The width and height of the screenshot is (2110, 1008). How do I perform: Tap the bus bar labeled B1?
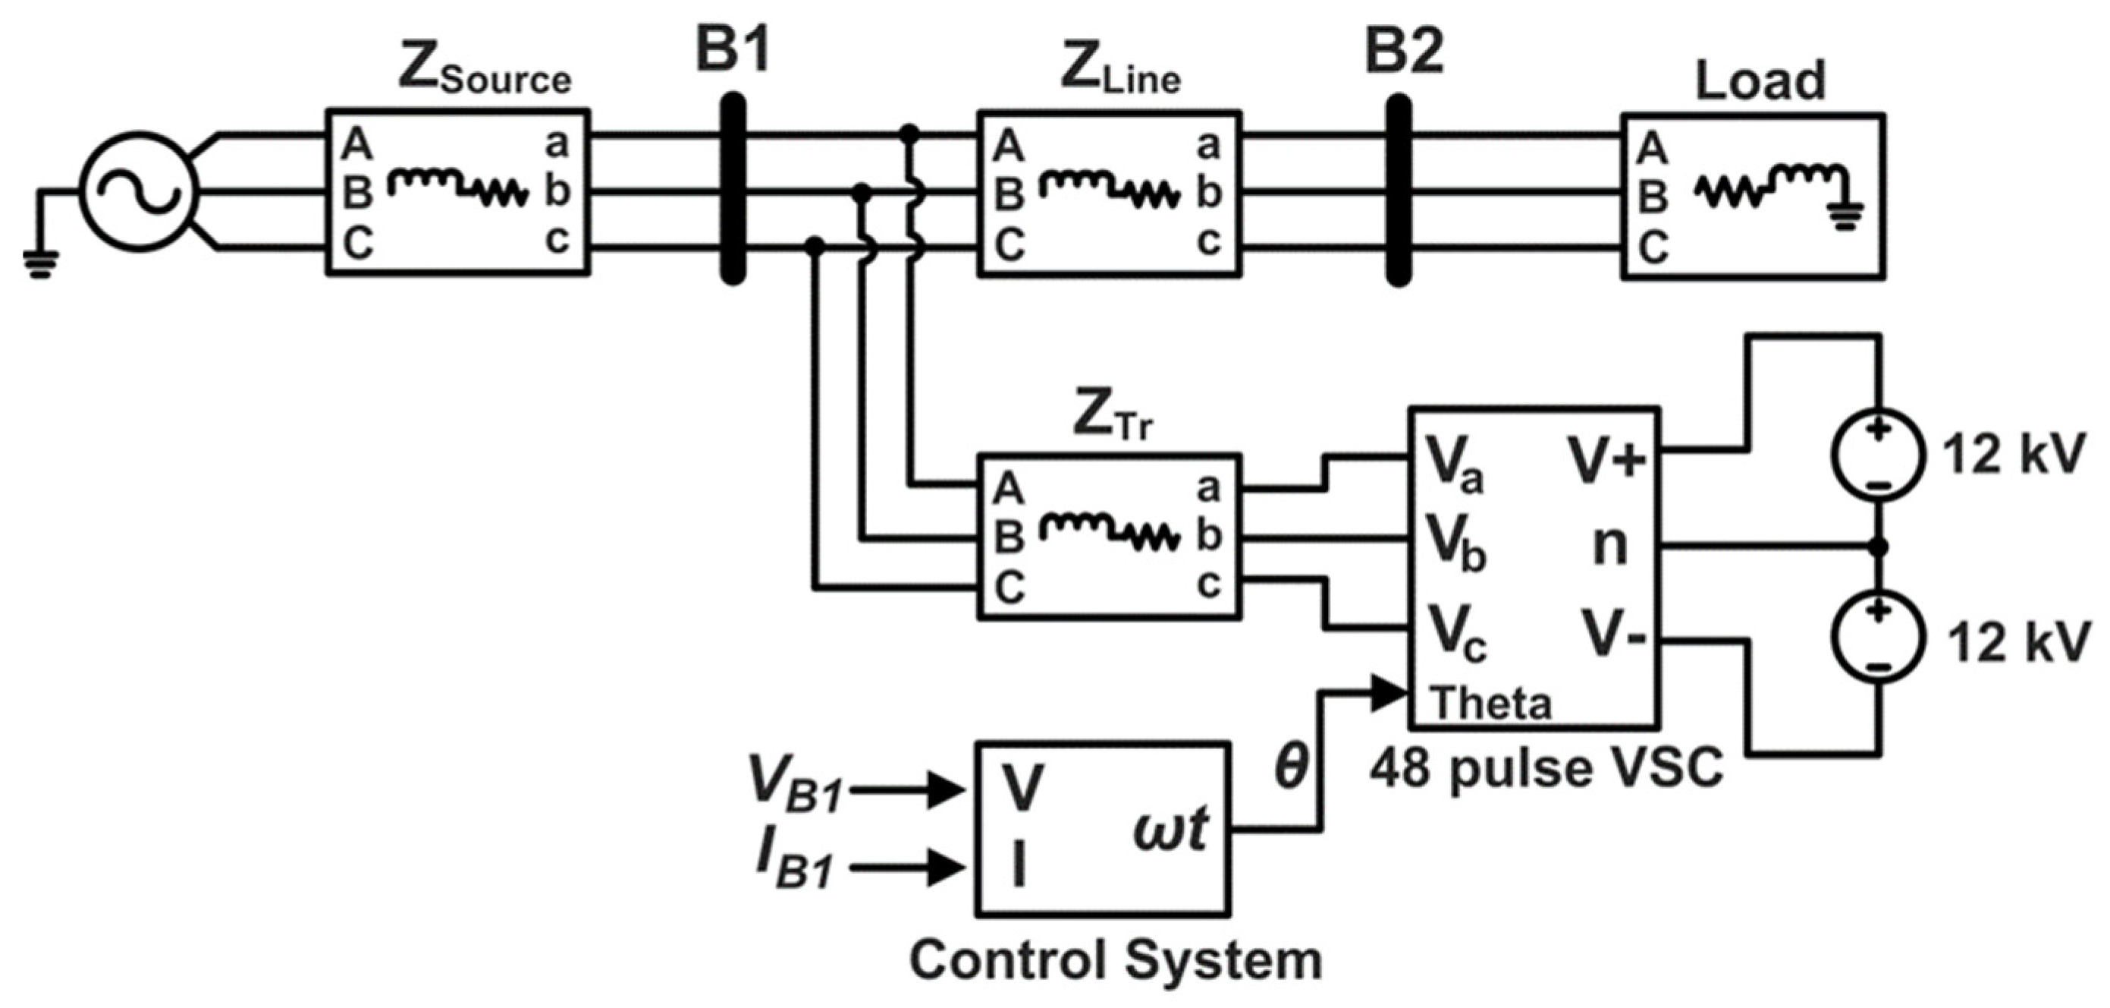coord(733,188)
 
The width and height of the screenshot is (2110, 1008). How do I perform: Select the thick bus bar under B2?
coord(1399,190)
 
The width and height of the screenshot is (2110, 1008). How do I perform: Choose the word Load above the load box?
coord(1760,80)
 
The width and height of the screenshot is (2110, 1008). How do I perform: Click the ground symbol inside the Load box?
coord(1843,216)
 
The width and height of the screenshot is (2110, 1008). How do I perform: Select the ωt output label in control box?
coord(1170,831)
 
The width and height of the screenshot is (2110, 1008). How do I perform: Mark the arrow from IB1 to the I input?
coord(909,867)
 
